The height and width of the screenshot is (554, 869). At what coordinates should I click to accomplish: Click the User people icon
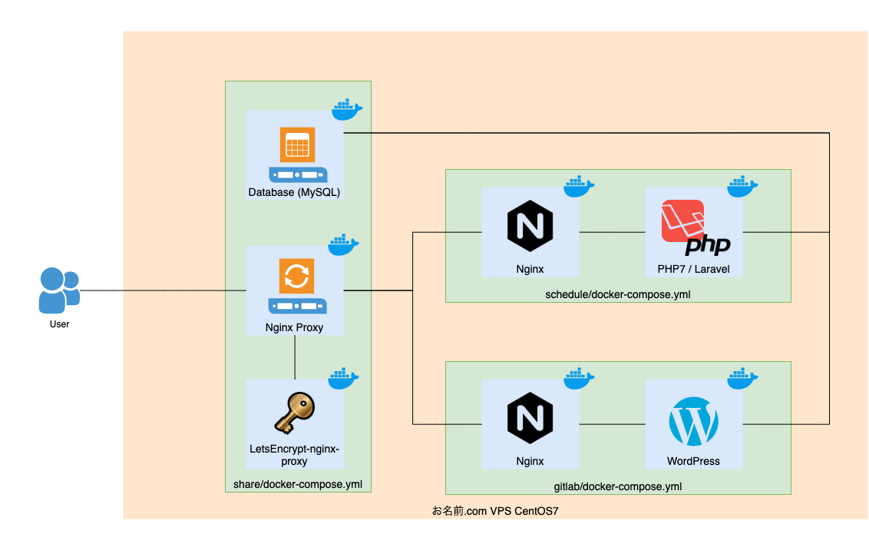(58, 290)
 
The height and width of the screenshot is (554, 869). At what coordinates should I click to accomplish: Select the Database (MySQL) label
(294, 192)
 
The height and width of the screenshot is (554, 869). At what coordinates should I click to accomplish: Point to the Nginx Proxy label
(294, 327)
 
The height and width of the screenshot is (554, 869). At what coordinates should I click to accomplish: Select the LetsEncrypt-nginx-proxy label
(294, 455)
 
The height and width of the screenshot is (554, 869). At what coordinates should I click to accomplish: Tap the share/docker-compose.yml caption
(297, 484)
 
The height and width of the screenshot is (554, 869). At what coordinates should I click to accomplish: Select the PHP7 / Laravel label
(693, 270)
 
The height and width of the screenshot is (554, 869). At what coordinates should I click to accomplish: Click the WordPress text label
(693, 461)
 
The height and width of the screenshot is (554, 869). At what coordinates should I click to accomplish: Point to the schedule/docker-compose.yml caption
(617, 294)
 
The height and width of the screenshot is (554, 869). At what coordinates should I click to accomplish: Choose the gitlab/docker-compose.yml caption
(617, 486)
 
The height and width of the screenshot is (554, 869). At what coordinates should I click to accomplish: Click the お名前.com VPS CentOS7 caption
(494, 511)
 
